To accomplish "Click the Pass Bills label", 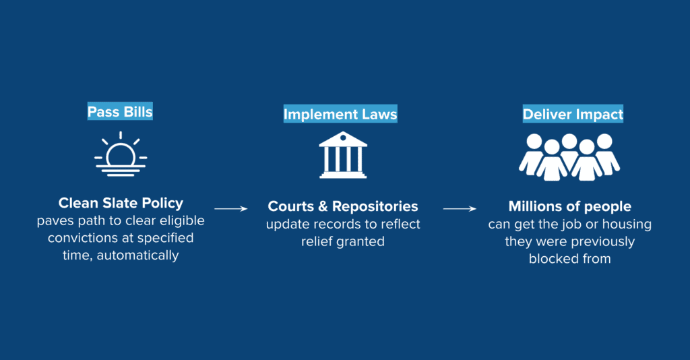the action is click(120, 111).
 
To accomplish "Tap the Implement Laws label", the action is click(340, 114).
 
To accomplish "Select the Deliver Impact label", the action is click(573, 114).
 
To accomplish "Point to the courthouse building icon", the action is click(343, 155).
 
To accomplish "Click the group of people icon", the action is click(569, 157).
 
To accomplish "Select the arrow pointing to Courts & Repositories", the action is click(231, 208).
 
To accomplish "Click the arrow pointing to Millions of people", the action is click(460, 208).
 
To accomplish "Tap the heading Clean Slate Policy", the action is click(121, 203).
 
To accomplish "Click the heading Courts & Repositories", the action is click(343, 206).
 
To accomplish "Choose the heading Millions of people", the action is click(570, 206).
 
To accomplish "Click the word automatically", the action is click(137, 256).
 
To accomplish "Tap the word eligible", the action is click(181, 220).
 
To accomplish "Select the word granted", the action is click(361, 241).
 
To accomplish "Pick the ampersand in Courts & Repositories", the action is click(323, 206).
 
